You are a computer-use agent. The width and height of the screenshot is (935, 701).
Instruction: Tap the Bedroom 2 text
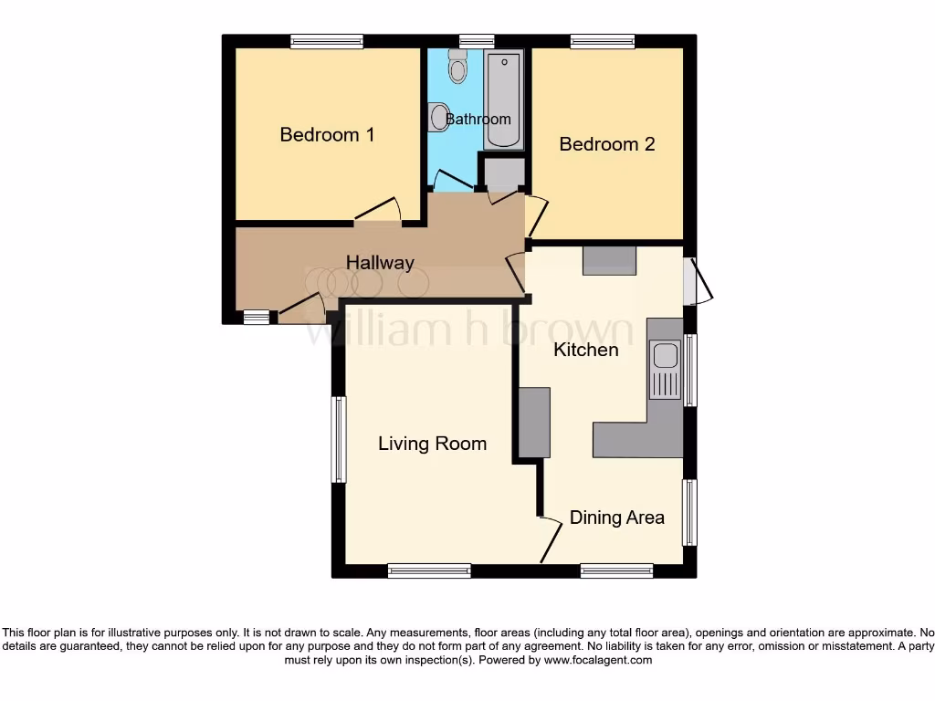[607, 144]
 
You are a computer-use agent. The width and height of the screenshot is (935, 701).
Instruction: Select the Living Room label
[433, 444]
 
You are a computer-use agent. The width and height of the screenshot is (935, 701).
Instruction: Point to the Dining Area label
[617, 518]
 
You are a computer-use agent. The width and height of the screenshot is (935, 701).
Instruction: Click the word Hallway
[380, 263]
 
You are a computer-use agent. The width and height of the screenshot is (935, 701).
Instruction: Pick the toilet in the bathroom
[457, 66]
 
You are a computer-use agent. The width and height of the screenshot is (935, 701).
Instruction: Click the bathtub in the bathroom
[504, 99]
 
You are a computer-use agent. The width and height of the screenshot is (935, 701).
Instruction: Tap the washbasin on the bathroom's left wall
[439, 117]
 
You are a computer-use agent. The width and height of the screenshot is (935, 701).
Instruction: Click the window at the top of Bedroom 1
[327, 41]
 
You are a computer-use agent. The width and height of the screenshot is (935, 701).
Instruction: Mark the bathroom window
[476, 41]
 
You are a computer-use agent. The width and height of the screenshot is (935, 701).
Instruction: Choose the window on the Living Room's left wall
[339, 439]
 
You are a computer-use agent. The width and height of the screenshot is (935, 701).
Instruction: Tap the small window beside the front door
[257, 318]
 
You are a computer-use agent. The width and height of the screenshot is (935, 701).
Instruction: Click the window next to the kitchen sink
[691, 370]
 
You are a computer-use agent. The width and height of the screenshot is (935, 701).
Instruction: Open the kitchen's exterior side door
[701, 281]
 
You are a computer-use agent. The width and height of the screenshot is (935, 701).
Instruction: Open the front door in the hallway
[301, 309]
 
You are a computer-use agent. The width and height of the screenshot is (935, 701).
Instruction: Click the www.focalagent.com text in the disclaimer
[600, 660]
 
